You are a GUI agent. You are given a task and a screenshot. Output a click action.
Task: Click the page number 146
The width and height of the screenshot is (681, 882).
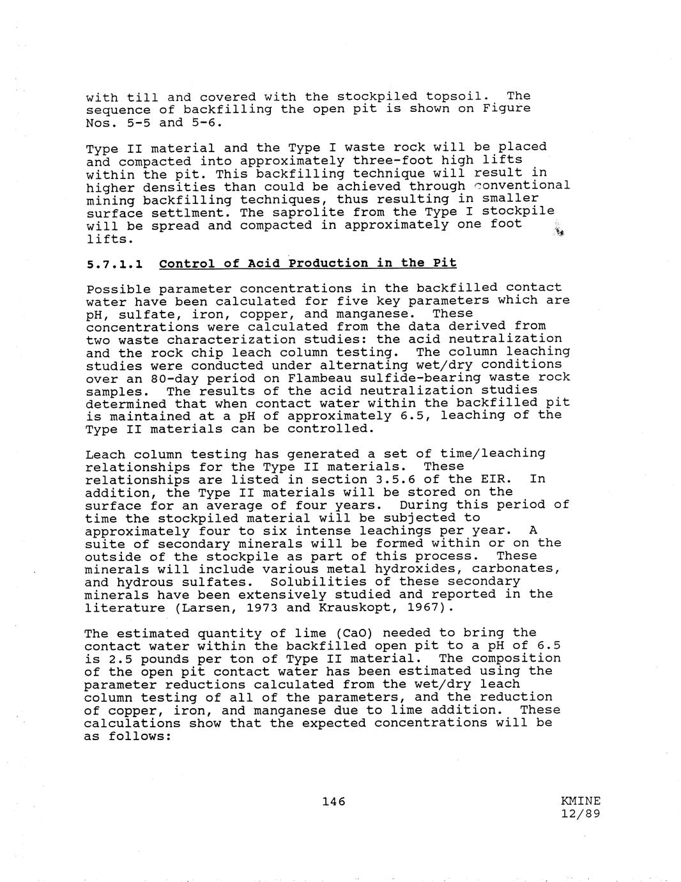(333, 801)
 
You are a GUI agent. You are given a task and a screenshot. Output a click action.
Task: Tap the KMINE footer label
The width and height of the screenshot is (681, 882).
(581, 801)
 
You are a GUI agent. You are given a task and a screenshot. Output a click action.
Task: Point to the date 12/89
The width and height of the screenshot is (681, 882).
(581, 814)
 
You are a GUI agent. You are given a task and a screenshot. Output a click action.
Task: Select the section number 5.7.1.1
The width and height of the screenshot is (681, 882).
(114, 263)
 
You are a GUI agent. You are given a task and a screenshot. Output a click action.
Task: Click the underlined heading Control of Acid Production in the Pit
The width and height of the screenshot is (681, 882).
(308, 263)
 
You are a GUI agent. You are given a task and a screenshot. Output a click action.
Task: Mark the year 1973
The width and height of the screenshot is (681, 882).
(262, 607)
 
